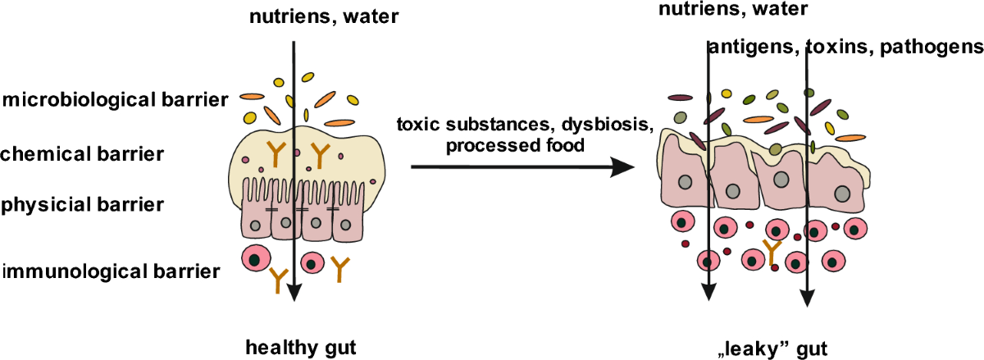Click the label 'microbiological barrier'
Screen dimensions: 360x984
pyautogui.click(x=114, y=101)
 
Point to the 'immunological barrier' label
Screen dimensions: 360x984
pyautogui.click(x=111, y=270)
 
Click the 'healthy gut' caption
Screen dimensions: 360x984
pyautogui.click(x=301, y=347)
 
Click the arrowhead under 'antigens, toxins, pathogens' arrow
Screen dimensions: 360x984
pyautogui.click(x=809, y=302)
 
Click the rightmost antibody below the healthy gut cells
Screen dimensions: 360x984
pyautogui.click(x=338, y=268)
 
